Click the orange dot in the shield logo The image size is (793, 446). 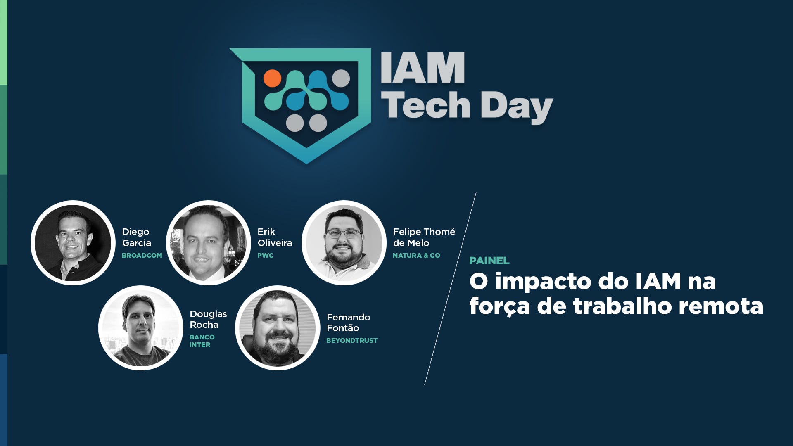[272, 78]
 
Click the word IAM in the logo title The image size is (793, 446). [423, 68]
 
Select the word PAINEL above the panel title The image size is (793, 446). [489, 261]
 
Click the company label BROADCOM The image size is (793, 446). [142, 256]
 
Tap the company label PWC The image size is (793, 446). [265, 256]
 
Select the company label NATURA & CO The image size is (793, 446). [416, 256]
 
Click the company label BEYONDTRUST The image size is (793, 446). [352, 341]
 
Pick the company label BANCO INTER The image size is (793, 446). [202, 341]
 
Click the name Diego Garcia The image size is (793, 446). [136, 237]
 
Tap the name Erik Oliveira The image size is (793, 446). [275, 237]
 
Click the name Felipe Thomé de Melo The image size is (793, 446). [424, 237]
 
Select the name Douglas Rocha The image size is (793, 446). [208, 319]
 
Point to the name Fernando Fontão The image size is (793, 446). [348, 323]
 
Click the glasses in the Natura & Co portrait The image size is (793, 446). [343, 234]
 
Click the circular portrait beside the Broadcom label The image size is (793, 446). [73, 243]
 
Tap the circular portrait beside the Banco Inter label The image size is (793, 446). [140, 328]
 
